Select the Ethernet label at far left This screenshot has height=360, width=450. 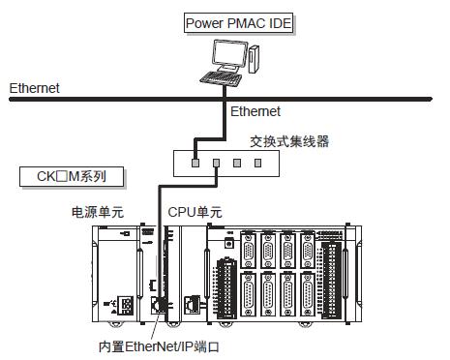pyautogui.click(x=34, y=88)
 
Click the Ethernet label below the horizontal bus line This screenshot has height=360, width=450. pyautogui.click(x=255, y=112)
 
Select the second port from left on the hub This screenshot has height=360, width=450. pyautogui.click(x=216, y=162)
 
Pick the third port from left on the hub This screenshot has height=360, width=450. pyautogui.click(x=237, y=162)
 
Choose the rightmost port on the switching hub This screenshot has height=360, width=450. pyautogui.click(x=258, y=162)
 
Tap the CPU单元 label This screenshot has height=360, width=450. pyautogui.click(x=195, y=211)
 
